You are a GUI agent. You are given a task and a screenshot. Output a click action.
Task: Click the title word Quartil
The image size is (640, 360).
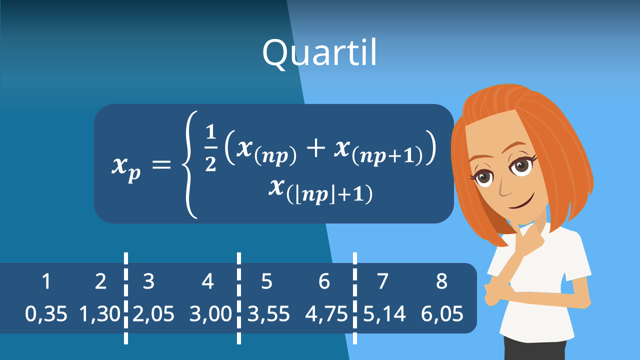(319, 52)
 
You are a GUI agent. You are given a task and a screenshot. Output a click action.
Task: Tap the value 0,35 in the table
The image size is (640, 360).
(46, 314)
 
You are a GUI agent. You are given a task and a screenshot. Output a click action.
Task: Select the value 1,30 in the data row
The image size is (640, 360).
(100, 314)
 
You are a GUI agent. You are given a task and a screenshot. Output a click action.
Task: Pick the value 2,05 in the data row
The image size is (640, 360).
(153, 314)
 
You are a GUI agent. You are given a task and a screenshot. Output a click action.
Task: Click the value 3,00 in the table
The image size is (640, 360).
(210, 314)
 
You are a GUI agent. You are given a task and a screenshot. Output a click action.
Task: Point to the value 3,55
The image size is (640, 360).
(268, 314)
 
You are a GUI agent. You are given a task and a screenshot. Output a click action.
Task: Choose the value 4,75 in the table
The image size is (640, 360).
(326, 314)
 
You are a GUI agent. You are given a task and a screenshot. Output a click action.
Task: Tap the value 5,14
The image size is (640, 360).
(384, 314)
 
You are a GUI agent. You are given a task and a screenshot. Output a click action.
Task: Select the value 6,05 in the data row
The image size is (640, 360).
(441, 314)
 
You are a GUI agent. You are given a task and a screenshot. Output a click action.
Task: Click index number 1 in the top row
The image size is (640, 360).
(46, 282)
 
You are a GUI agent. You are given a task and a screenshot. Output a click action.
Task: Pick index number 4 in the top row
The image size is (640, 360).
(207, 282)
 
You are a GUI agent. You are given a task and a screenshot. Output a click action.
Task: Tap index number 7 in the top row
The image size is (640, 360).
(382, 282)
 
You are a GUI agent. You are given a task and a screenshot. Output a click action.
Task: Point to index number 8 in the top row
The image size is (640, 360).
(441, 282)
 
